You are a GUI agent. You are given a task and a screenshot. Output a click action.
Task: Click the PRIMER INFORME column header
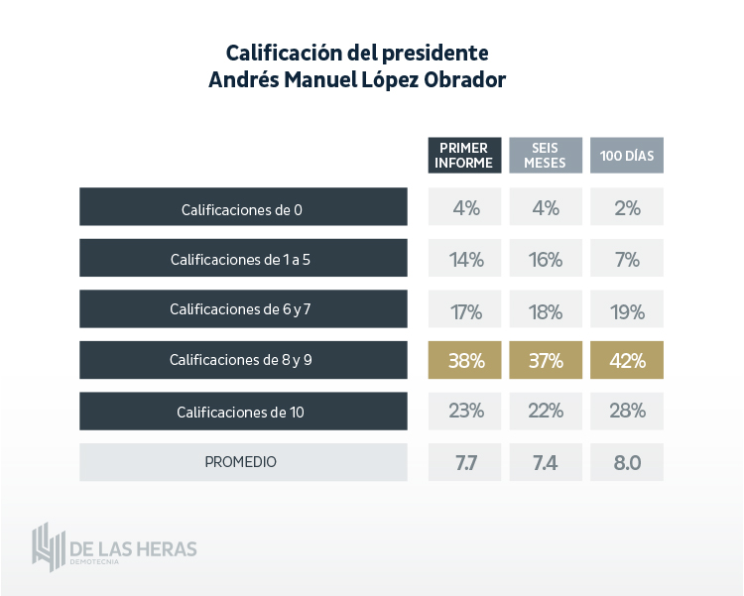coord(464,156)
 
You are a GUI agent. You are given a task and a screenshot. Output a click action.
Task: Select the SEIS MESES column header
coord(546,156)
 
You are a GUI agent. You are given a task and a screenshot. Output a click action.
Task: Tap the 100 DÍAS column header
coord(627,156)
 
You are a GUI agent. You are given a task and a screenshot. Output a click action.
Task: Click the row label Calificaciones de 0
coord(242,209)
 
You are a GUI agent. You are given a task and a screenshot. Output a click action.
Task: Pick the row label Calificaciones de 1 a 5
coord(242,260)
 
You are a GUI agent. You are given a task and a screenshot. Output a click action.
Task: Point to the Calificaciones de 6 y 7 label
coord(242,309)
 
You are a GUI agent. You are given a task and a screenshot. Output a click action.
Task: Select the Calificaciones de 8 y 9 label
coord(242,360)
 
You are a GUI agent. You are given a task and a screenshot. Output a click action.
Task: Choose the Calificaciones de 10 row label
coord(242,412)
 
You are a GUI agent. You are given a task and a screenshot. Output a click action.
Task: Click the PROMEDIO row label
coord(242,462)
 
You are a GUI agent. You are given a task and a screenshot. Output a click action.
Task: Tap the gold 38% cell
coord(464,360)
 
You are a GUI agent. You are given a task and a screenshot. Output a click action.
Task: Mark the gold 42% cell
coord(627,360)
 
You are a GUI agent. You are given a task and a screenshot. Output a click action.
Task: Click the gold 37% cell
coord(546,360)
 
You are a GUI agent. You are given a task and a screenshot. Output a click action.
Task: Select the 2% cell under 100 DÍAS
coord(627,208)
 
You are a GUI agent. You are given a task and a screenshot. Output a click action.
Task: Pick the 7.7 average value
coord(464,462)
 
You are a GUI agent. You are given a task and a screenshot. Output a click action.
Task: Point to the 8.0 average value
coord(627,462)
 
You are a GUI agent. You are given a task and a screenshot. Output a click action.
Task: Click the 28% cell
coord(627,411)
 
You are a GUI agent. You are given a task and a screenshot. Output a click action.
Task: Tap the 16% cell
coord(546,260)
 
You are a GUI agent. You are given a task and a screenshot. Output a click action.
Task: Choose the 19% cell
coord(627,310)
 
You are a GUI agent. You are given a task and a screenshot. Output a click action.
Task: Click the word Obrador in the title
coord(465,80)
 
